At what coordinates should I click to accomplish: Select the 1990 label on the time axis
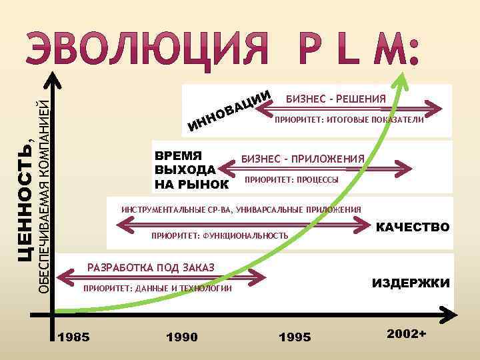tap(181, 337)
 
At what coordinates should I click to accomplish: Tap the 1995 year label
tap(294, 337)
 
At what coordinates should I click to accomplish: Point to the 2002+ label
tap(406, 333)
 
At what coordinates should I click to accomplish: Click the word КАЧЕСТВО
tap(413, 227)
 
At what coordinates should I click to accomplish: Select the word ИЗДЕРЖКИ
tap(411, 283)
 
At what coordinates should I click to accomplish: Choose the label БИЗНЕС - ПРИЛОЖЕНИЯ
tap(303, 159)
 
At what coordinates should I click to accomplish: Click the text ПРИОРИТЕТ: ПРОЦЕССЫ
tap(291, 180)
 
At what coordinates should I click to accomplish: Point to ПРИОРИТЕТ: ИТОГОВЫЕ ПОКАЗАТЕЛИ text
tap(349, 121)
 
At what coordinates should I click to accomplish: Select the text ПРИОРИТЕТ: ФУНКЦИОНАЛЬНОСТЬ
tap(220, 235)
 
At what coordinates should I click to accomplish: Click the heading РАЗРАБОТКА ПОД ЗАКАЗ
tap(151, 267)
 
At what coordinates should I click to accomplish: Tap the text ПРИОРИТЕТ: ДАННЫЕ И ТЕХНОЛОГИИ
tap(157, 289)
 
